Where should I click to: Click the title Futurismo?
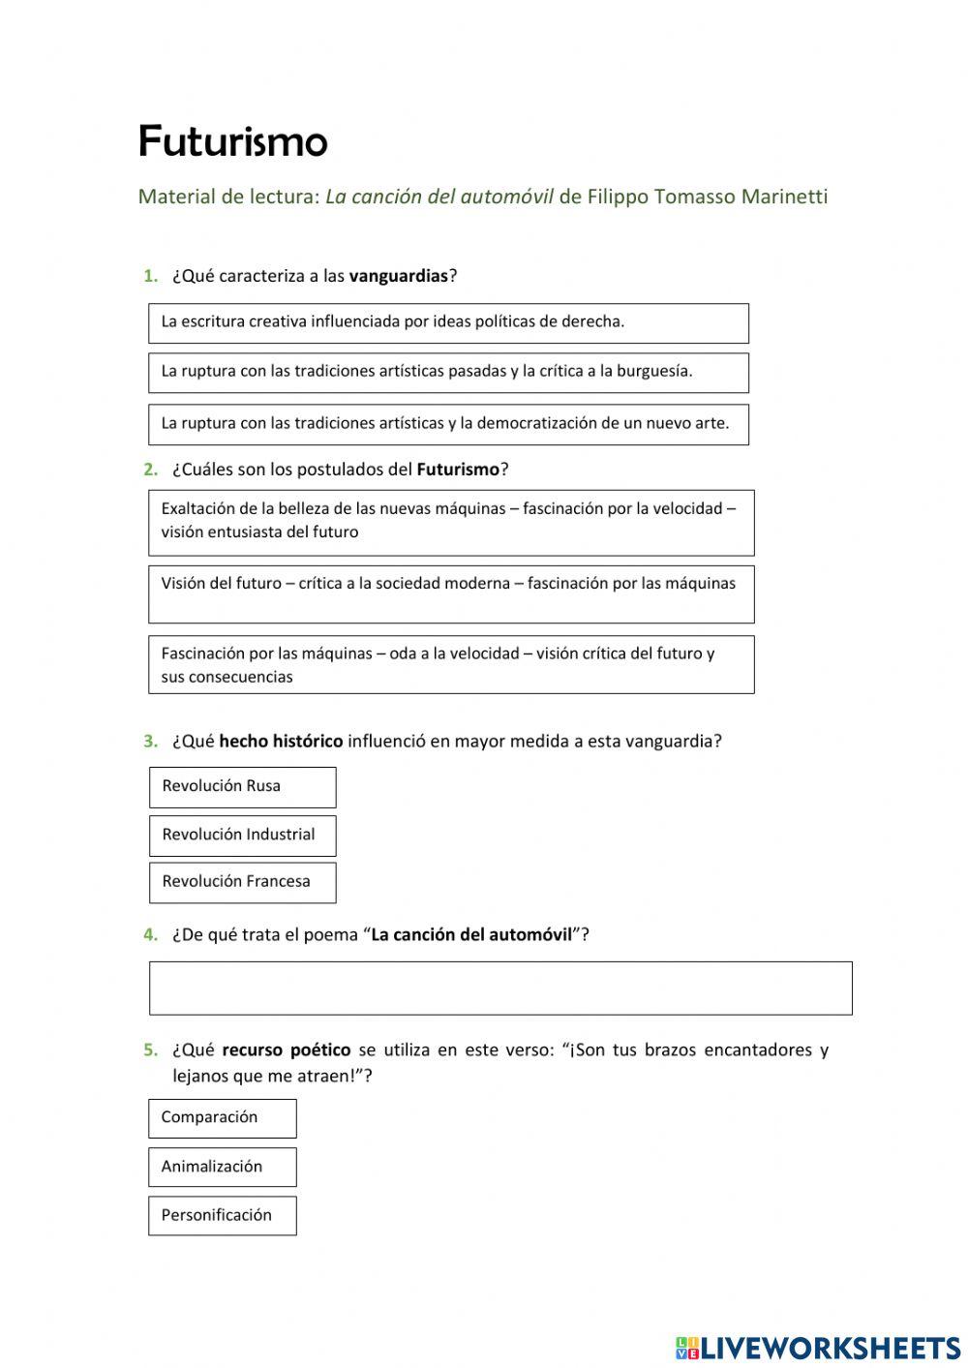[232, 141]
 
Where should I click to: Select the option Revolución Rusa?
[242, 787]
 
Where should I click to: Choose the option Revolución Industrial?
[242, 835]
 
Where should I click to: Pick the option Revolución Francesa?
[242, 882]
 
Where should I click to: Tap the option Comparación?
[222, 1118]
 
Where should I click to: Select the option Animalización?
[222, 1167]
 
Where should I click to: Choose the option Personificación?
[222, 1216]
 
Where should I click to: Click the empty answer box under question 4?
[500, 988]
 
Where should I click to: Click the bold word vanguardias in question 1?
[398, 276]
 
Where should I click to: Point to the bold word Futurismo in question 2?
[458, 470]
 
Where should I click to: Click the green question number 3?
[150, 742]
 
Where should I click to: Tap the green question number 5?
[150, 1049]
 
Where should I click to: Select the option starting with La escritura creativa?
[448, 322]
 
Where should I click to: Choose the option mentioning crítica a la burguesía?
[448, 372]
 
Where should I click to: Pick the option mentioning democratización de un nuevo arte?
[448, 424]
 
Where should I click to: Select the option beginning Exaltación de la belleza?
[450, 522]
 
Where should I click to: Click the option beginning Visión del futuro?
[450, 593]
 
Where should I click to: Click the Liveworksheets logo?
[817, 1347]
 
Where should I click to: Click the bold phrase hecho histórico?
[281, 742]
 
